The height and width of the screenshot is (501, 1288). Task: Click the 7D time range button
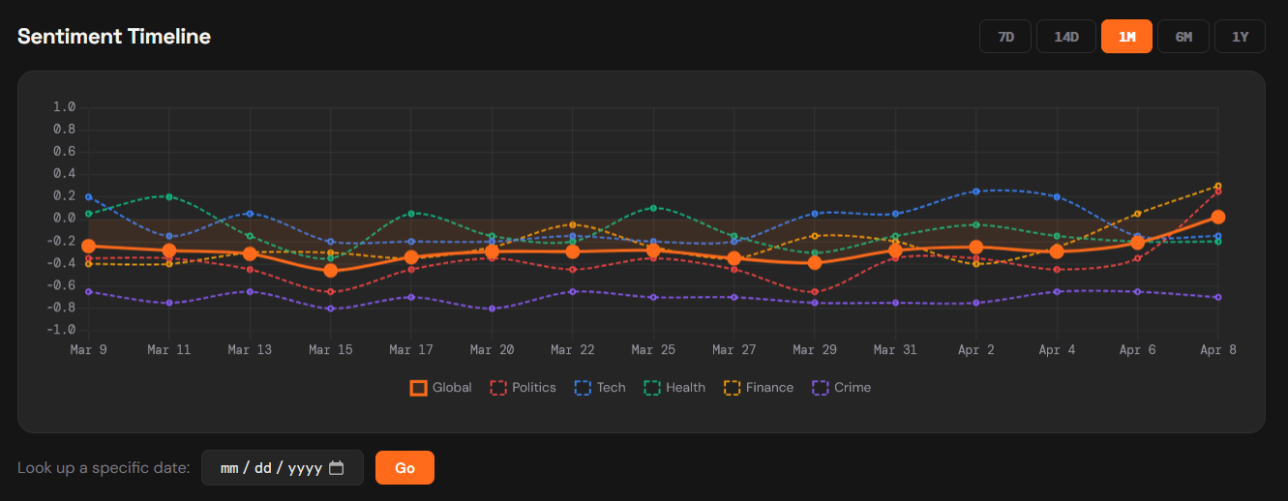pyautogui.click(x=1005, y=37)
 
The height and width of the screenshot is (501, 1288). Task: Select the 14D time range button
pyautogui.click(x=1065, y=37)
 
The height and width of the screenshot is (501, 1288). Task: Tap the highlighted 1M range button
pyautogui.click(x=1126, y=37)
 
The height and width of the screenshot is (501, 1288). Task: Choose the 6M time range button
pyautogui.click(x=1183, y=37)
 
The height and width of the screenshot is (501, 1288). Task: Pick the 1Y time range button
pyautogui.click(x=1240, y=37)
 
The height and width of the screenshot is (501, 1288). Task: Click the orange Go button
pyautogui.click(x=404, y=468)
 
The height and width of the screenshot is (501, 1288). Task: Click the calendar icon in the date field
pyautogui.click(x=337, y=468)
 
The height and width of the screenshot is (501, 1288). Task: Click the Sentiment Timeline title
pyautogui.click(x=114, y=37)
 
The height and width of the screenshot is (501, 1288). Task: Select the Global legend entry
pyautogui.click(x=441, y=388)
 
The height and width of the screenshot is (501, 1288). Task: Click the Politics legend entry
pyautogui.click(x=523, y=388)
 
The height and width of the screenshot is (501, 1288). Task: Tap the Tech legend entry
pyautogui.click(x=600, y=388)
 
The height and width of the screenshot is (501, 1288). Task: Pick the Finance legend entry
pyautogui.click(x=759, y=388)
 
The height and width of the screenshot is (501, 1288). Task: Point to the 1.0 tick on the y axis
pyautogui.click(x=64, y=107)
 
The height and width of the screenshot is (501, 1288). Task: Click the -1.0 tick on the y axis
pyautogui.click(x=62, y=330)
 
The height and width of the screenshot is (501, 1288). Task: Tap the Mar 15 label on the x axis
pyautogui.click(x=330, y=350)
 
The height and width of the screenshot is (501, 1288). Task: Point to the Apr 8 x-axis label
pyautogui.click(x=1217, y=350)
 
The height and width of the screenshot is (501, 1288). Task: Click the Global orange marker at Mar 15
pyautogui.click(x=331, y=270)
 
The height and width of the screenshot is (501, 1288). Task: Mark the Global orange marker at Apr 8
pyautogui.click(x=1218, y=218)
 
